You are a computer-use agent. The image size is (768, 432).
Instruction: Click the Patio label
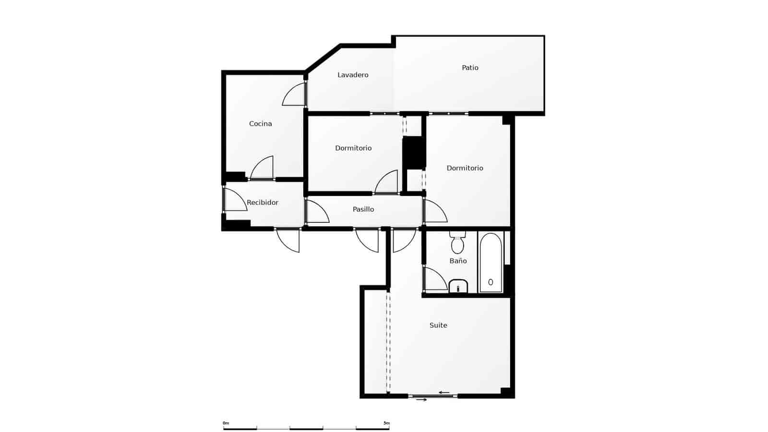pyautogui.click(x=470, y=68)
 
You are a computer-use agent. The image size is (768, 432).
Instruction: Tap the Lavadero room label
pyautogui.click(x=353, y=75)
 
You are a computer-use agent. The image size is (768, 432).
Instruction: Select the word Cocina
pyautogui.click(x=260, y=123)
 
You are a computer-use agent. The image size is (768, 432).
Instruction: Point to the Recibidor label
pyautogui.click(x=262, y=202)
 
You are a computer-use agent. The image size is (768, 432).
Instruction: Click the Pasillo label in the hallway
pyautogui.click(x=363, y=209)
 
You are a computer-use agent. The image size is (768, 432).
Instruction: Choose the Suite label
pyautogui.click(x=438, y=325)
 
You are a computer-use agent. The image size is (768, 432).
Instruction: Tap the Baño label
pyautogui.click(x=458, y=261)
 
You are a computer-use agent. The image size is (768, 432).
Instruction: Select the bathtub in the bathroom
pyautogui.click(x=491, y=263)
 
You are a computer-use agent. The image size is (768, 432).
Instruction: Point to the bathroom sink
pyautogui.click(x=458, y=286)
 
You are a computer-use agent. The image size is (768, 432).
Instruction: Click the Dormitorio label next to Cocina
pyautogui.click(x=353, y=148)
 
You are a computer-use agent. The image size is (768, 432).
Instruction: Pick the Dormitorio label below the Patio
pyautogui.click(x=465, y=168)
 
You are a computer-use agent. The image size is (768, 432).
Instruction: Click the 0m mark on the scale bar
pyautogui.click(x=226, y=423)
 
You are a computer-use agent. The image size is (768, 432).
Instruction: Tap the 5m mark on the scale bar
pyautogui.click(x=386, y=423)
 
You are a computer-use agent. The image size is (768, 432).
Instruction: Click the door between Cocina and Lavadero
pyautogui.click(x=294, y=94)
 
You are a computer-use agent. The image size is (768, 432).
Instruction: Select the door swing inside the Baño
pyautogui.click(x=435, y=278)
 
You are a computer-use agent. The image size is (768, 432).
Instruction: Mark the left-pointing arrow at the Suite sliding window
pyautogui.click(x=444, y=393)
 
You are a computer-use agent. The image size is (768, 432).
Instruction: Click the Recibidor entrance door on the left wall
pyautogui.click(x=235, y=199)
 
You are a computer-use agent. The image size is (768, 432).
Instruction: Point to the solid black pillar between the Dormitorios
pyautogui.click(x=414, y=153)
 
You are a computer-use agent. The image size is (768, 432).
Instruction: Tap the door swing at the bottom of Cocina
pyautogui.click(x=262, y=168)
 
